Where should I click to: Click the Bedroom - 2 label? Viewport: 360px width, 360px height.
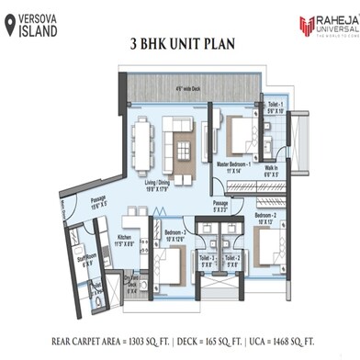[266, 217]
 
